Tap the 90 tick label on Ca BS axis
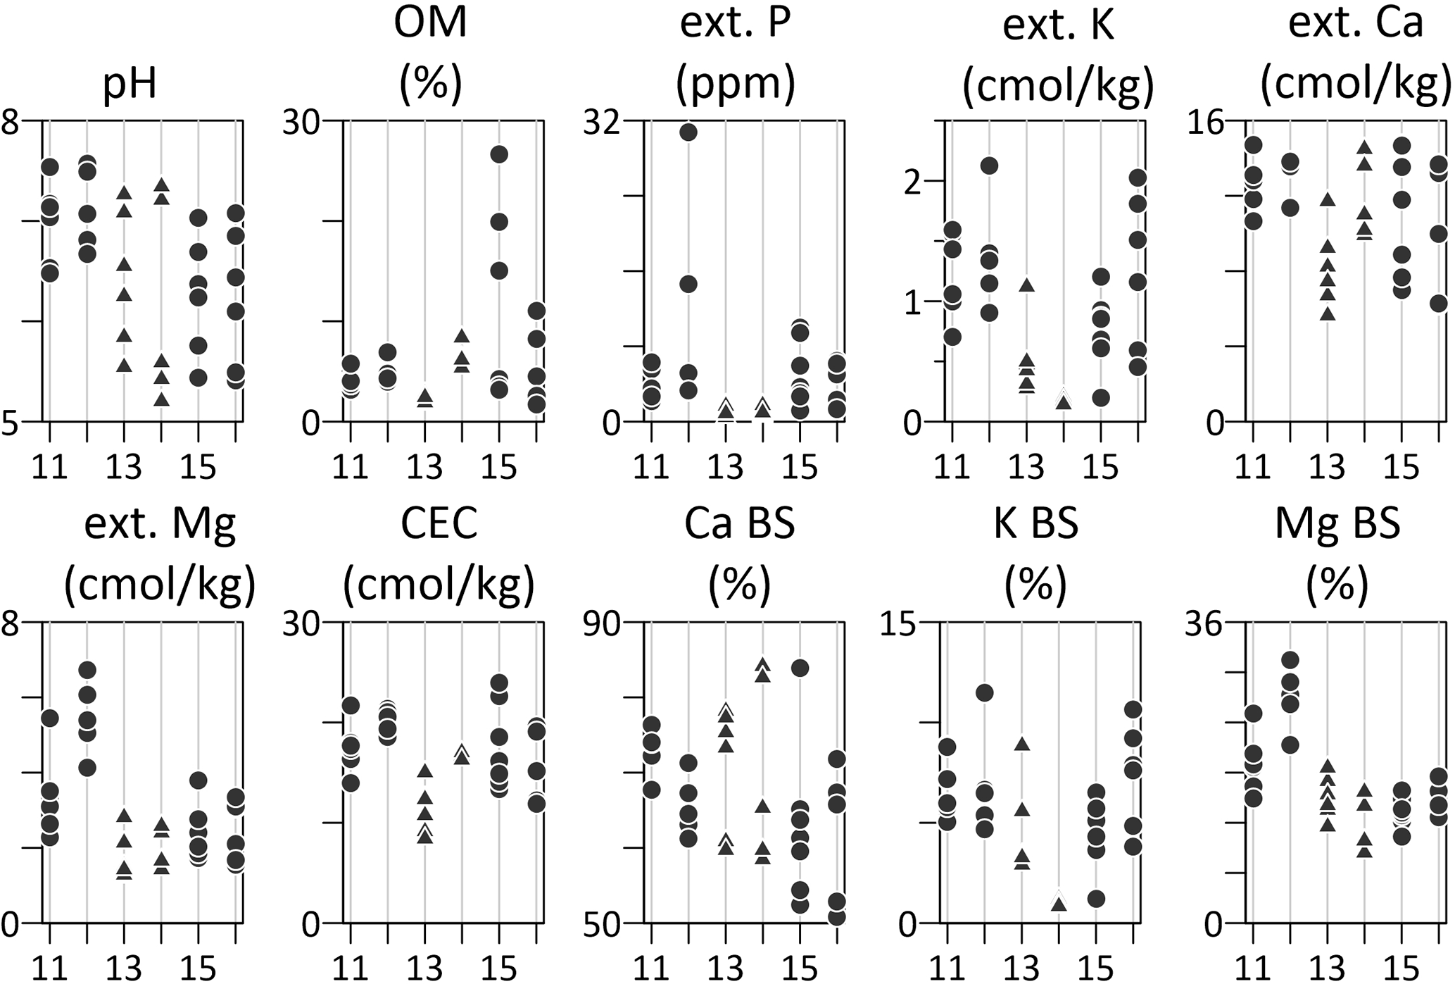[x=606, y=624]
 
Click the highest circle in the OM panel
[x=499, y=155]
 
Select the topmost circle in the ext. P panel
[x=688, y=132]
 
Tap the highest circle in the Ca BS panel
[x=800, y=668]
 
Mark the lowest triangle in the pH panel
[x=162, y=399]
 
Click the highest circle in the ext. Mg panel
[x=87, y=670]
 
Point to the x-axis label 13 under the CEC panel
[x=425, y=968]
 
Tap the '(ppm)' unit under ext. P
[x=735, y=83]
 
